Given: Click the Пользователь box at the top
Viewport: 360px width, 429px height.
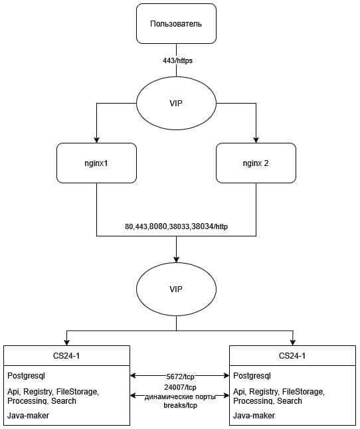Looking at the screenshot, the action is coord(176,23).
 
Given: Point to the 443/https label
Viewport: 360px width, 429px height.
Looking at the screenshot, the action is coord(177,60).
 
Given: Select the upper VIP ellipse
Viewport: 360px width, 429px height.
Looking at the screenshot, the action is coord(176,103).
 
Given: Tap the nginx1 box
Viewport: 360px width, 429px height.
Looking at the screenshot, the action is coord(96,163).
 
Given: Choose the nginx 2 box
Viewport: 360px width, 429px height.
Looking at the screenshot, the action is coord(256,163).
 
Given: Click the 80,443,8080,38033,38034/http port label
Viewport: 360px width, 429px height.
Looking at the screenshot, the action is coord(177,226).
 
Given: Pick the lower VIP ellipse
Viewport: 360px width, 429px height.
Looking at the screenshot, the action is coord(176,289).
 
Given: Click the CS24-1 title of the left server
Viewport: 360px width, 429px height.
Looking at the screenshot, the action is coord(66,356).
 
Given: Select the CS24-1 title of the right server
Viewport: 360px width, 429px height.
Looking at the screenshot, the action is coord(292,356).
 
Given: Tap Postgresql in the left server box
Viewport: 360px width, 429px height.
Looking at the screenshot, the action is coord(27,376).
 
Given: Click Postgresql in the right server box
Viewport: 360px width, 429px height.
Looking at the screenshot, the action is coord(252,376).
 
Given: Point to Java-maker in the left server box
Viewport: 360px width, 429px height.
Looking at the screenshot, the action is coord(28,416).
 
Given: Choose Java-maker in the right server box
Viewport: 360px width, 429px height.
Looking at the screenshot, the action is coord(254,416).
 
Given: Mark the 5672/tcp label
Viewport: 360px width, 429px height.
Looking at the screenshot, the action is coord(180,377).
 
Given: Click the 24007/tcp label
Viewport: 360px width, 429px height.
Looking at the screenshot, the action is coord(180,387).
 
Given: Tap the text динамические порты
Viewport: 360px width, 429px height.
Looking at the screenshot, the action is coord(180,396).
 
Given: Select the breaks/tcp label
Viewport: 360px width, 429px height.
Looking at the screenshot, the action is coord(180,405).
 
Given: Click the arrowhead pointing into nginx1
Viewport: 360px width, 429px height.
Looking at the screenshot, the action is coord(96,140).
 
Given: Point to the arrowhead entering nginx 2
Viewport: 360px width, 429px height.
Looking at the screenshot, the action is coord(256,140).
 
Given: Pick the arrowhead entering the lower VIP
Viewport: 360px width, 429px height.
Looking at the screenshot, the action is coord(176,259).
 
